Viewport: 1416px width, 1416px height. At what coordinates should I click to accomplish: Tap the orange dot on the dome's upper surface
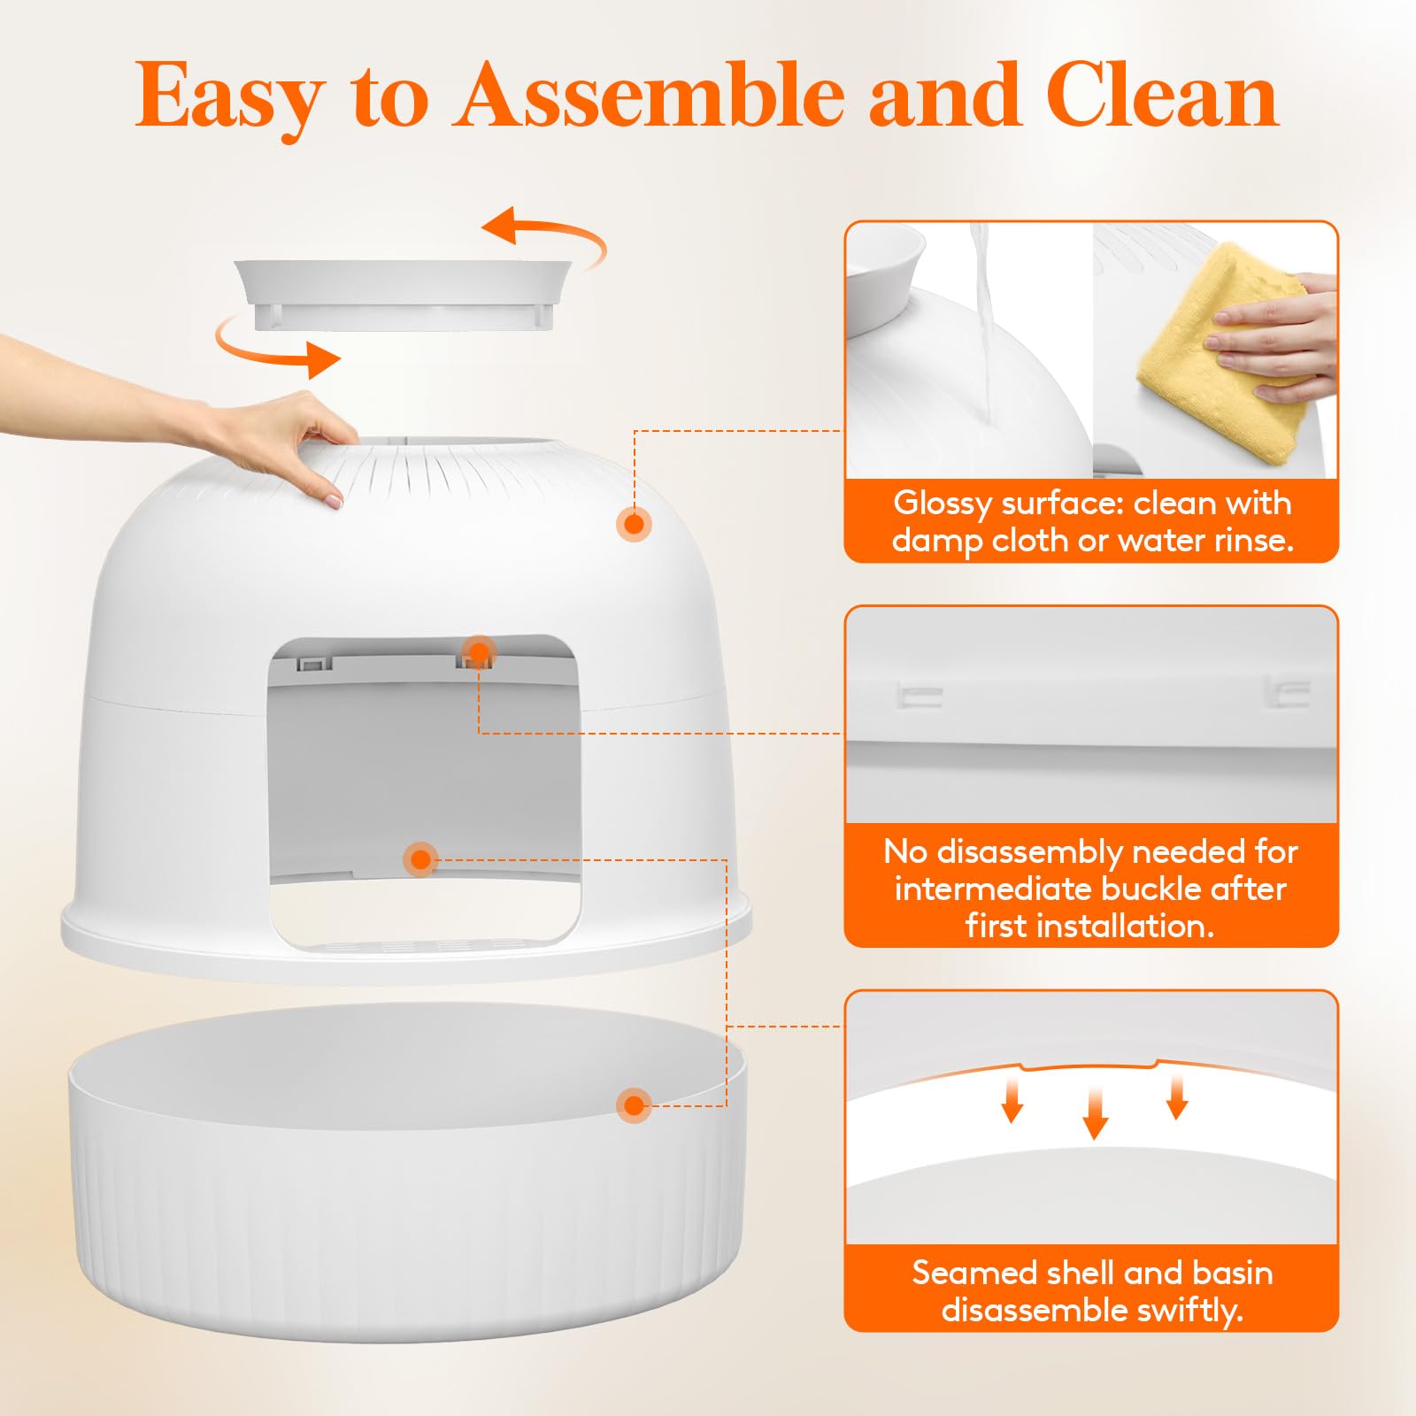tap(634, 524)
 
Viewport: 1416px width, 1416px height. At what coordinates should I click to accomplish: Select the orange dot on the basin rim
tap(634, 1105)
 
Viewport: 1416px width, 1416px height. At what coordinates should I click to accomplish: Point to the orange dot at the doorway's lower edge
tap(420, 859)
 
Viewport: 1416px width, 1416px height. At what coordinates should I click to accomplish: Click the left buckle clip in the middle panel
tap(919, 696)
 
